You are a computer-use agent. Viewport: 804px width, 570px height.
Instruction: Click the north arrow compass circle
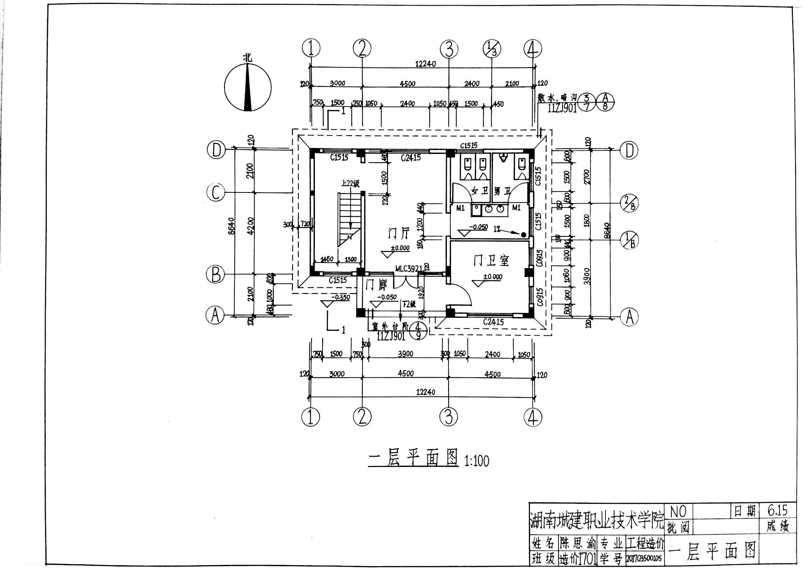click(x=248, y=87)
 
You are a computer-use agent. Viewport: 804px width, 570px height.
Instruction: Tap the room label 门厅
click(x=399, y=233)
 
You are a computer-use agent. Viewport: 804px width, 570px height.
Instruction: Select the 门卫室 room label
click(x=491, y=261)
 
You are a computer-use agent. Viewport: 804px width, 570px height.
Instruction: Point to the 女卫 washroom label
click(x=479, y=191)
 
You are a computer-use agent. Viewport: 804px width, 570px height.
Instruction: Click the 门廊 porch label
click(x=376, y=285)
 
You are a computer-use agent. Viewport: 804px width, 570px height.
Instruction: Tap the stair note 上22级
click(x=350, y=183)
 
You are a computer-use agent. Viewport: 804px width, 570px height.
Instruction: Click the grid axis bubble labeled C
click(x=216, y=193)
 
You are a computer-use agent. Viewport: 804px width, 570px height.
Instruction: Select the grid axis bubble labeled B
click(x=215, y=275)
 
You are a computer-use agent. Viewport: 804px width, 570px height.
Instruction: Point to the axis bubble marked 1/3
click(x=492, y=49)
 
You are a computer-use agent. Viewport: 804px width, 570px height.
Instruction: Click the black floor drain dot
click(x=523, y=234)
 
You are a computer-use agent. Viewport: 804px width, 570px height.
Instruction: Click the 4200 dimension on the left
click(x=250, y=226)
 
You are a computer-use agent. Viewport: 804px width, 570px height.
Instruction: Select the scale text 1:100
click(x=476, y=461)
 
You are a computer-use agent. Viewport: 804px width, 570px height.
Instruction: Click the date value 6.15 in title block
click(x=778, y=510)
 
